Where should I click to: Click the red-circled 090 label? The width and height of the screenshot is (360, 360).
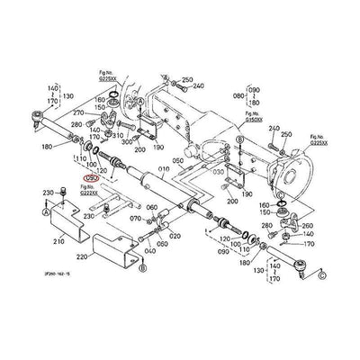pyautogui.click(x=91, y=177)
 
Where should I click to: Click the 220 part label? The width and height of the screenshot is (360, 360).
pyautogui.click(x=81, y=257)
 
